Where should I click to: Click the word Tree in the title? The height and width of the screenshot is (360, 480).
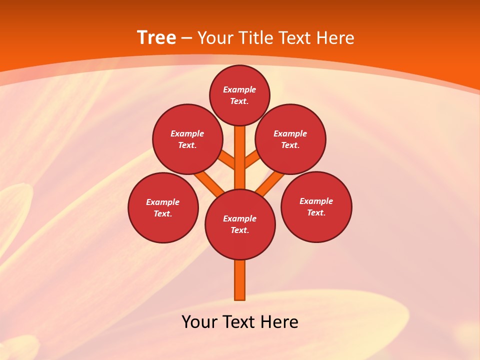[156, 38]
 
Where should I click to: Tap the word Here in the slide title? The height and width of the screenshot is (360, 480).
[335, 38]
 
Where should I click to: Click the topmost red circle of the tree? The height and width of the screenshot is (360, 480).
[239, 95]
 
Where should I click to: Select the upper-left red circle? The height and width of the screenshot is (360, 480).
[187, 139]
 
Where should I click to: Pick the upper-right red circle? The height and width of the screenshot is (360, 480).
[290, 139]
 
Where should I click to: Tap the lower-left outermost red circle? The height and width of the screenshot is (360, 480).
[163, 207]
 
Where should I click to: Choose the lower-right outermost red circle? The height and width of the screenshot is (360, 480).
[316, 206]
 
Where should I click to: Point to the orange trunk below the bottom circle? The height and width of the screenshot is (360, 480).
[240, 280]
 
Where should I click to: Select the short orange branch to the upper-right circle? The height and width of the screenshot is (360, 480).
[252, 160]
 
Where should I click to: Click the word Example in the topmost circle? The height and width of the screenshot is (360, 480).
[239, 89]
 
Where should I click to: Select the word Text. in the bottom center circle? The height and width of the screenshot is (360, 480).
[240, 230]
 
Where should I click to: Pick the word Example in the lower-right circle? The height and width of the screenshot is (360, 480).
[316, 201]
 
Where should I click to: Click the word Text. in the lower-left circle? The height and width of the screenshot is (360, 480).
[163, 214]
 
